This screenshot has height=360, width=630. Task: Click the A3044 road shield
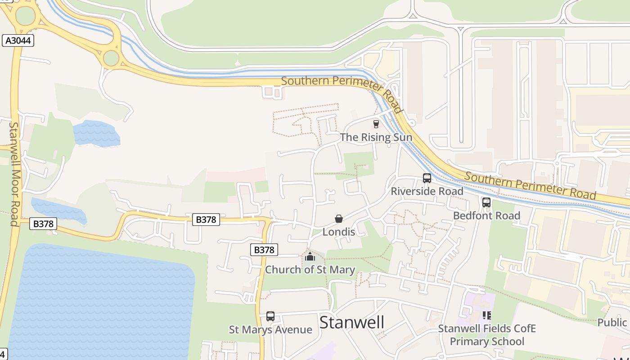pos(18,40)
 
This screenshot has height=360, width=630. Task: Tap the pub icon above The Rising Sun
pos(376,124)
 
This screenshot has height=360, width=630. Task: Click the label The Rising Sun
pos(376,137)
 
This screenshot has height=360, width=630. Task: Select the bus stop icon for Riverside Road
pos(427,178)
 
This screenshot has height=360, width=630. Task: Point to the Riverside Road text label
pos(427,191)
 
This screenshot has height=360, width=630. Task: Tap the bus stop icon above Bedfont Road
pos(486,202)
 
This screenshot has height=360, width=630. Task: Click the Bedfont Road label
pos(486,216)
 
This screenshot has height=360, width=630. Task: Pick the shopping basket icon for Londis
pos(339,219)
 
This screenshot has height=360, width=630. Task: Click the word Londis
pos(339,232)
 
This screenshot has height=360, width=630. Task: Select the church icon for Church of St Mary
pos(310,257)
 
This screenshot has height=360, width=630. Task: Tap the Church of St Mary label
pos(310,270)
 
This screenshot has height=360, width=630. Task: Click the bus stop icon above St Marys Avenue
pos(270,316)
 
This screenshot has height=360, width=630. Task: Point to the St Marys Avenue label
pos(270,330)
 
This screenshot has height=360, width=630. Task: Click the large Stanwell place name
pos(352,322)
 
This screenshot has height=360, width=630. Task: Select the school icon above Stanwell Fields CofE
pos(487,315)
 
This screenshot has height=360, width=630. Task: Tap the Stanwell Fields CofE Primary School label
pos(487,335)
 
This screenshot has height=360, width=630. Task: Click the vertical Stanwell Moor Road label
pos(14,174)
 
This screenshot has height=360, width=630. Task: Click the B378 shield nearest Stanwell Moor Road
pos(43,224)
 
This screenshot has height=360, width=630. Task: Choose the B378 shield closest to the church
pos(264,250)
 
